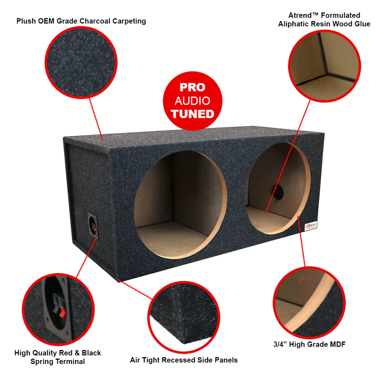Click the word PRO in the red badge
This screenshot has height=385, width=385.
coord(192,87)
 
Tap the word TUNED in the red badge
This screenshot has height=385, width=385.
coord(192,114)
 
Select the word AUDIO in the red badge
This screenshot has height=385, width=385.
coord(192,101)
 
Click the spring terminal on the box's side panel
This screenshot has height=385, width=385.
coord(93,226)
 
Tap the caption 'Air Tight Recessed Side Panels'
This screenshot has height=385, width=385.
coord(183,360)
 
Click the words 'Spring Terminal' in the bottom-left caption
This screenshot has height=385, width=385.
coord(58,362)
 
